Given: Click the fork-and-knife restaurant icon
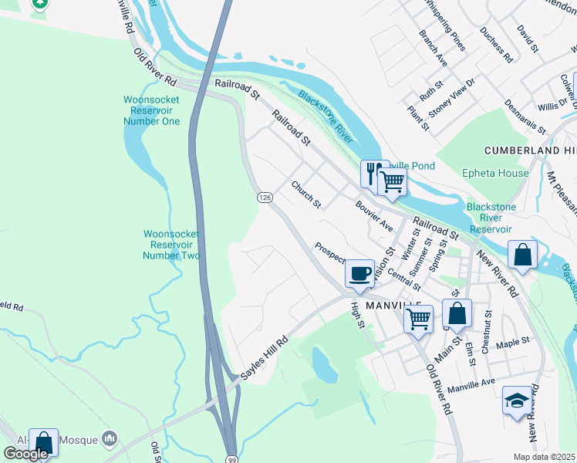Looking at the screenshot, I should click(x=373, y=172).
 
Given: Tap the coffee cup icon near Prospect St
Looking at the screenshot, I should click(x=360, y=273).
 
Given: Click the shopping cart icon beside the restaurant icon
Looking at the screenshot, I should click(x=393, y=181).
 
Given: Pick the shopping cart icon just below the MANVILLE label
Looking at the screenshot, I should click(x=418, y=317).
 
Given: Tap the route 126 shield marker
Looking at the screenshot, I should click(x=265, y=198).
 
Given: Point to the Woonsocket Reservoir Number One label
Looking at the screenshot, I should click(x=152, y=110).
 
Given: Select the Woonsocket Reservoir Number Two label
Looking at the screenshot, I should click(x=172, y=245).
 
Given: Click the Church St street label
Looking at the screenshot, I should click(x=306, y=194).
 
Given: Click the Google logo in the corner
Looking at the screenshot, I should click(x=25, y=454).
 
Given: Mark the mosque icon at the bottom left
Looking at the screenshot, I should click(x=109, y=439).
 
